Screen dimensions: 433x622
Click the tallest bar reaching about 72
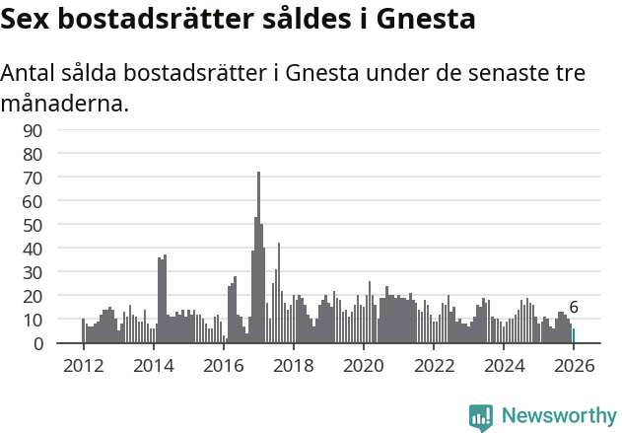[x=258, y=256]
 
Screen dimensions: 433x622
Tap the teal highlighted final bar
[x=574, y=336]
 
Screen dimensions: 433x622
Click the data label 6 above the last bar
[x=574, y=308]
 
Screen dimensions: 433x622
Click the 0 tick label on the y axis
[x=37, y=343]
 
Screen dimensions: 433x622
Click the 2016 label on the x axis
[x=223, y=364]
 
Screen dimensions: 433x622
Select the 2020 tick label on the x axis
[x=364, y=364]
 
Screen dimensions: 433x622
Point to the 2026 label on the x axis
[x=574, y=364]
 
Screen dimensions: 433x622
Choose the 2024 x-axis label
[x=504, y=364]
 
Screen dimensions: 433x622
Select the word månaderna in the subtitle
[x=64, y=103]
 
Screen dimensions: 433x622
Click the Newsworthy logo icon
[x=481, y=416]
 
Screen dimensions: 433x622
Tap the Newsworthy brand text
[x=558, y=416]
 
